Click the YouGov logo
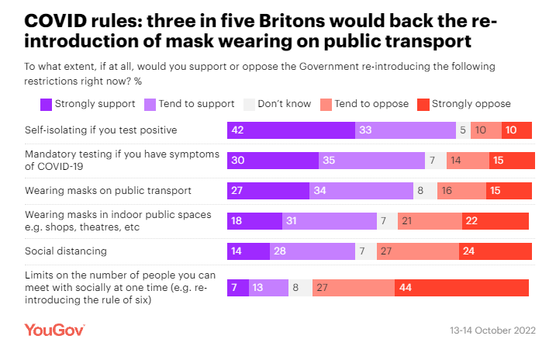(54, 330)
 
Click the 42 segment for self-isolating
(291, 130)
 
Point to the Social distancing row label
(65, 251)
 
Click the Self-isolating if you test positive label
(101, 130)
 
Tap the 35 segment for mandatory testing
(371, 161)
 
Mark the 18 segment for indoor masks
(254, 221)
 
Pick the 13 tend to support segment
(268, 288)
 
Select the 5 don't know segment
(462, 130)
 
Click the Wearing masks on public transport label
(108, 190)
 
